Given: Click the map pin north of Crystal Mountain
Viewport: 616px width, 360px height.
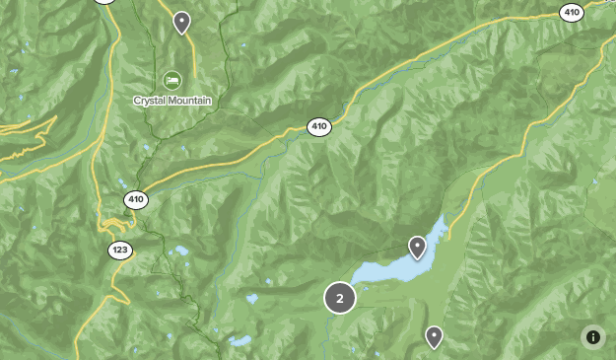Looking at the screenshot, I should click(181, 22).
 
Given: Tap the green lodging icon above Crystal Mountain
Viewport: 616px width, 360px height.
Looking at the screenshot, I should click(172, 79).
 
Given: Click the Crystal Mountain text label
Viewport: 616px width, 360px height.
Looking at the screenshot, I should click(172, 101).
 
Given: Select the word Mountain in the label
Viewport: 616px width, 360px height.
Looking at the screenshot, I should click(190, 101).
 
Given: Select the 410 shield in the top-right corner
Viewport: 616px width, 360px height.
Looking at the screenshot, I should click(572, 13).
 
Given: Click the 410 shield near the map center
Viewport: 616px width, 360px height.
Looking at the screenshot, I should click(318, 126).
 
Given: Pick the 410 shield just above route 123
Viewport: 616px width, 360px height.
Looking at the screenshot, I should click(136, 200).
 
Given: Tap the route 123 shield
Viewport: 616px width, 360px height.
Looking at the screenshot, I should click(120, 250).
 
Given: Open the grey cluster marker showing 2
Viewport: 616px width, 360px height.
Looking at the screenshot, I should click(340, 298).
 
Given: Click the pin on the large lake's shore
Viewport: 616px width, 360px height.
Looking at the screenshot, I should click(417, 246).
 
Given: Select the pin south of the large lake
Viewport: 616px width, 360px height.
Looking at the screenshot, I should click(434, 336).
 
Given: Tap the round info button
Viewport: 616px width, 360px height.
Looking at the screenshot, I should click(593, 336).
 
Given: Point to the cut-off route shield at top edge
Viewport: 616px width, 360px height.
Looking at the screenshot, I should click(105, 2).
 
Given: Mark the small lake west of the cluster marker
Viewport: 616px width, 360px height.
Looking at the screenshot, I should click(253, 297).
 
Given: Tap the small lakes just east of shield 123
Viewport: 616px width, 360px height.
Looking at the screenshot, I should click(179, 252).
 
